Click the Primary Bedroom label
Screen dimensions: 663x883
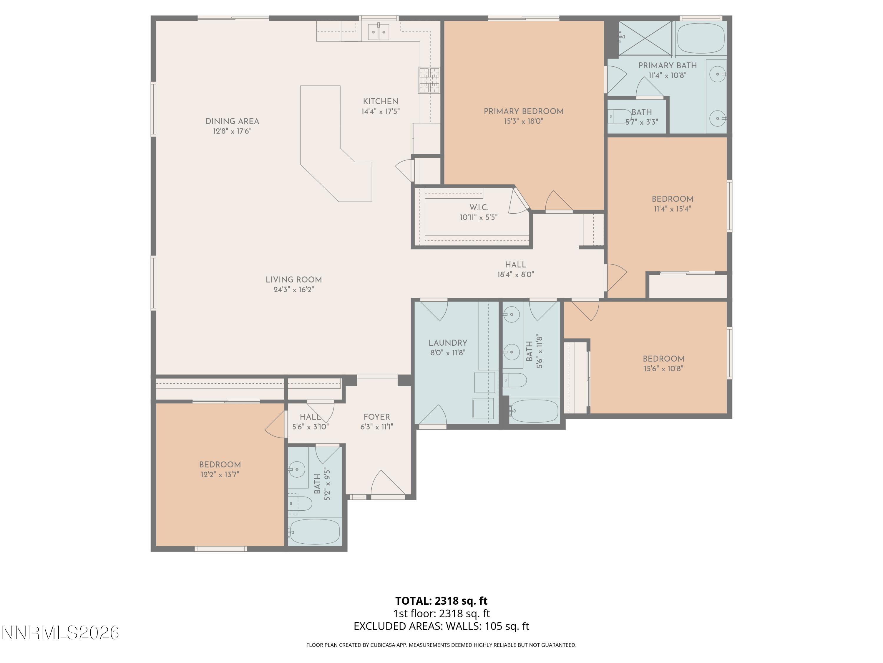click(523, 111)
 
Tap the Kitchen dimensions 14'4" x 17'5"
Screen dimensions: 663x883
click(380, 111)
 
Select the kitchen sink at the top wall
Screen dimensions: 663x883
click(378, 32)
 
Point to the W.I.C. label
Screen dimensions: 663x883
click(479, 207)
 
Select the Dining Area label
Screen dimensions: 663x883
click(232, 121)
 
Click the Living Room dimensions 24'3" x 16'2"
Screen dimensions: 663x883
click(293, 290)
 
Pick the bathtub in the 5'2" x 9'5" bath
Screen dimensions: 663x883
click(315, 532)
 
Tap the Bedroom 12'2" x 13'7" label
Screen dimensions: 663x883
click(220, 465)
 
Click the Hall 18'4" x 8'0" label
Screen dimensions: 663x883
click(515, 265)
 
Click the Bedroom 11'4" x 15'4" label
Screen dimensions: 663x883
click(672, 199)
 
